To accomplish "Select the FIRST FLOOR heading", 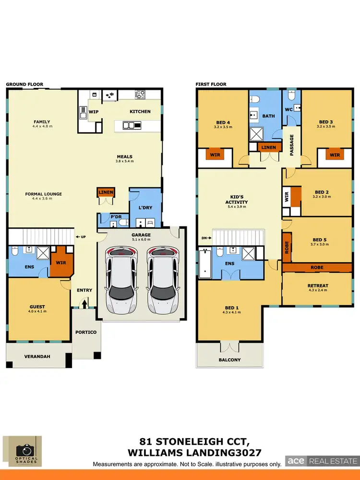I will pos(211,84).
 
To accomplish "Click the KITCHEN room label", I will pos(140,111).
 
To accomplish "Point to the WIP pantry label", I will pos(94,111).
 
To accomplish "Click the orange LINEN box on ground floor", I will pos(106,193).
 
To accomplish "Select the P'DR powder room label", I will pos(115,217).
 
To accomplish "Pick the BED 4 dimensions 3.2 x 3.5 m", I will pos(223,127).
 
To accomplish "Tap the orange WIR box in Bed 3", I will pos(335,155).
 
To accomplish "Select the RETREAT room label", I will pos(318,286).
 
